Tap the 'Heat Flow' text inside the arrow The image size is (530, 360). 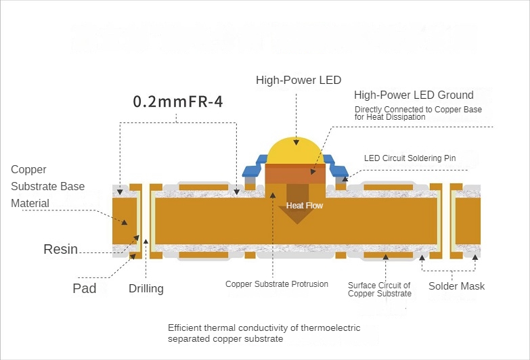tap(304, 205)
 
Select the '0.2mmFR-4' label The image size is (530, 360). tap(178, 102)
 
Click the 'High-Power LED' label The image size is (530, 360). tap(298, 80)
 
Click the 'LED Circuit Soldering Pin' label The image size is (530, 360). tap(410, 158)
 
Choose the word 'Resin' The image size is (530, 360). tap(61, 248)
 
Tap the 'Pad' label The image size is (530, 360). tap(84, 288)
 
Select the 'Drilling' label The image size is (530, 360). tap(146, 289)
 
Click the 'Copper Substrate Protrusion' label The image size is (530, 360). tap(277, 284)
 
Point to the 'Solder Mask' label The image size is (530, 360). tap(456, 286)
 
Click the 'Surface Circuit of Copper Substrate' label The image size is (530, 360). tap(379, 289)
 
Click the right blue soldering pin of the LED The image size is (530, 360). tap(338, 167)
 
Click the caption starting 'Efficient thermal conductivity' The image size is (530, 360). tap(264, 333)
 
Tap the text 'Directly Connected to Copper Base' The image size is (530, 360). tap(418, 109)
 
